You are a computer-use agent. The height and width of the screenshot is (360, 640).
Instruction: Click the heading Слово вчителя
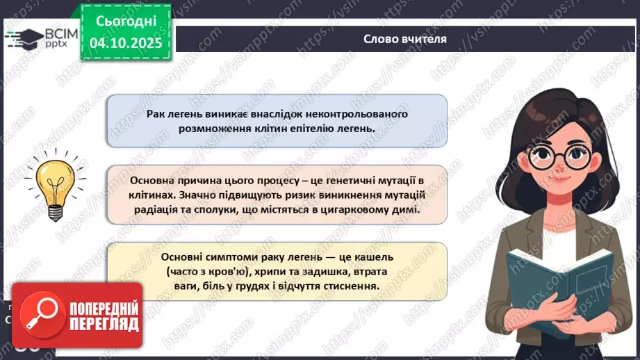click(405, 39)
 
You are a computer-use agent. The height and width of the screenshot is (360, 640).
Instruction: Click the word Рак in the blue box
click(158, 113)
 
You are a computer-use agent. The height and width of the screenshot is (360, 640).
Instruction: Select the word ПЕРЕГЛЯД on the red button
click(104, 324)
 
